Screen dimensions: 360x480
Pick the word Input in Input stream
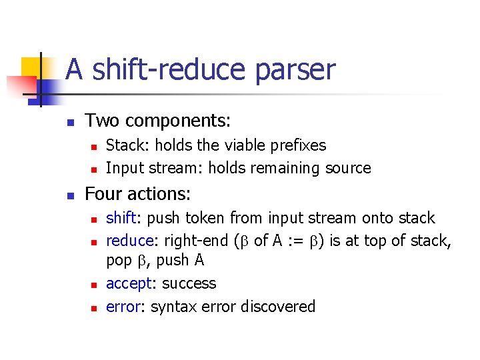[x=123, y=168]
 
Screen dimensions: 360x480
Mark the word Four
[x=103, y=195]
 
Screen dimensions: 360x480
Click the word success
[x=189, y=283]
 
